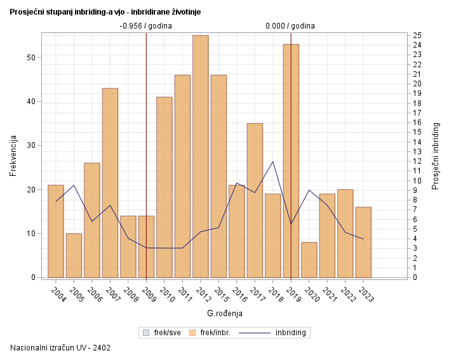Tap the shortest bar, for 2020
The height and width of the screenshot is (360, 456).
tap(309, 260)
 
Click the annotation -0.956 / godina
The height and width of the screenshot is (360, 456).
tap(145, 26)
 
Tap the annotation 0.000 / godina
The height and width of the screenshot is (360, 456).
tap(290, 26)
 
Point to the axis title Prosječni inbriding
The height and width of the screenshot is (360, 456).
tap(436, 156)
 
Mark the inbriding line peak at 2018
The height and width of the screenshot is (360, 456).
tap(273, 161)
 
